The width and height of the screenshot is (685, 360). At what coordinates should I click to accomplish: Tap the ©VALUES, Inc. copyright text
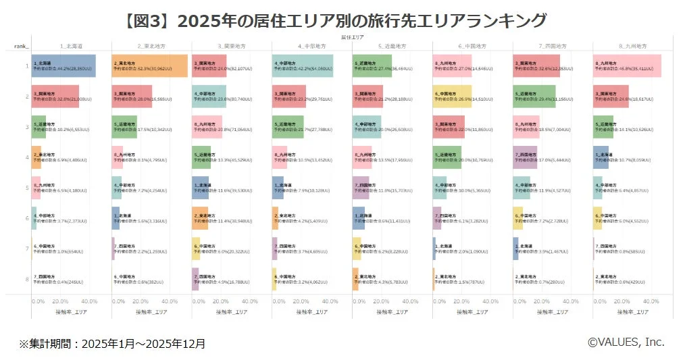pos(626,342)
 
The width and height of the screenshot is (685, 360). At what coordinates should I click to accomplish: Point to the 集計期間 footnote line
pos(112,344)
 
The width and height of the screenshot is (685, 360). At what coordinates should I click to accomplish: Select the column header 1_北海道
pos(71,46)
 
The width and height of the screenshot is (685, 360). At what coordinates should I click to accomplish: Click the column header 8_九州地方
pos(632,46)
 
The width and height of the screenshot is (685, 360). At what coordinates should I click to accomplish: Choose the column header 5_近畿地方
pos(392,46)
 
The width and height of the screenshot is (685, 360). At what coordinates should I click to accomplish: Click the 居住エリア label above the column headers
pos(353,38)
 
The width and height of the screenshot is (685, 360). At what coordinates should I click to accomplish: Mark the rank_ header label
pos(22,46)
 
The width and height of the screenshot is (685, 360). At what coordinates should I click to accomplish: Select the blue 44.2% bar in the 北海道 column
pos(64,66)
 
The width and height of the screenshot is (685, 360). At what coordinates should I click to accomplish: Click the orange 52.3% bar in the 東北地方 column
pos(149,66)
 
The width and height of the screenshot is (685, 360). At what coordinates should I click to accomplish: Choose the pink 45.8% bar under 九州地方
pos(628,66)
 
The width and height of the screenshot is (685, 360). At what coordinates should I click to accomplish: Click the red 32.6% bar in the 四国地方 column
pos(536,66)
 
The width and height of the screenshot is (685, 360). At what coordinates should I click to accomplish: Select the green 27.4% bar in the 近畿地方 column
pos(372,66)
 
